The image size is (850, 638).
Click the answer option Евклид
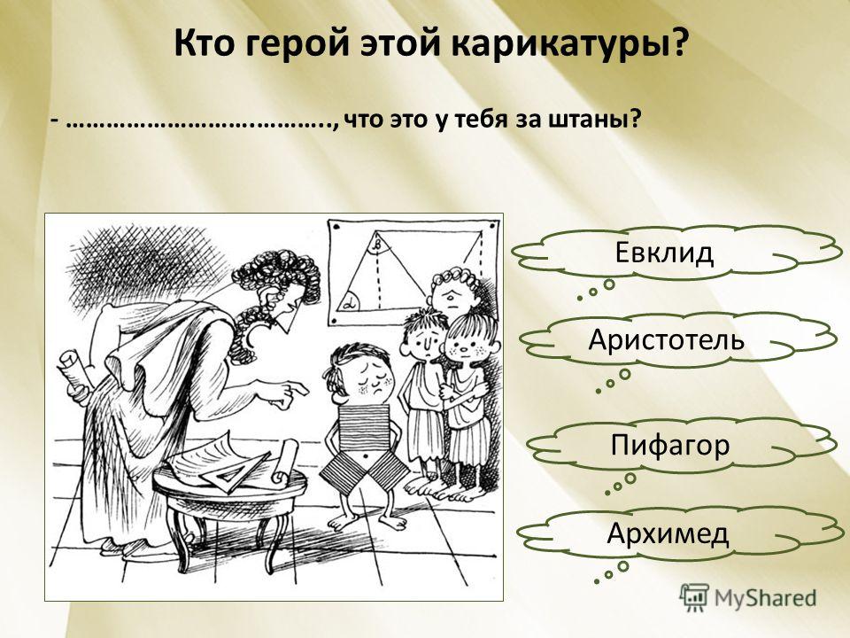pos(663,253)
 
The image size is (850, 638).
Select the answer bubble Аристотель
pos(666,339)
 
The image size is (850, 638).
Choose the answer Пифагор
pos(670,446)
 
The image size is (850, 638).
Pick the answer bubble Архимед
pos(668,533)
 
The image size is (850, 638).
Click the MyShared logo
pos(747,597)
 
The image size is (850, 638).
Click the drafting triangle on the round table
pos(233,472)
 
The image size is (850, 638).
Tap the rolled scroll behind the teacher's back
pos(74,374)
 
